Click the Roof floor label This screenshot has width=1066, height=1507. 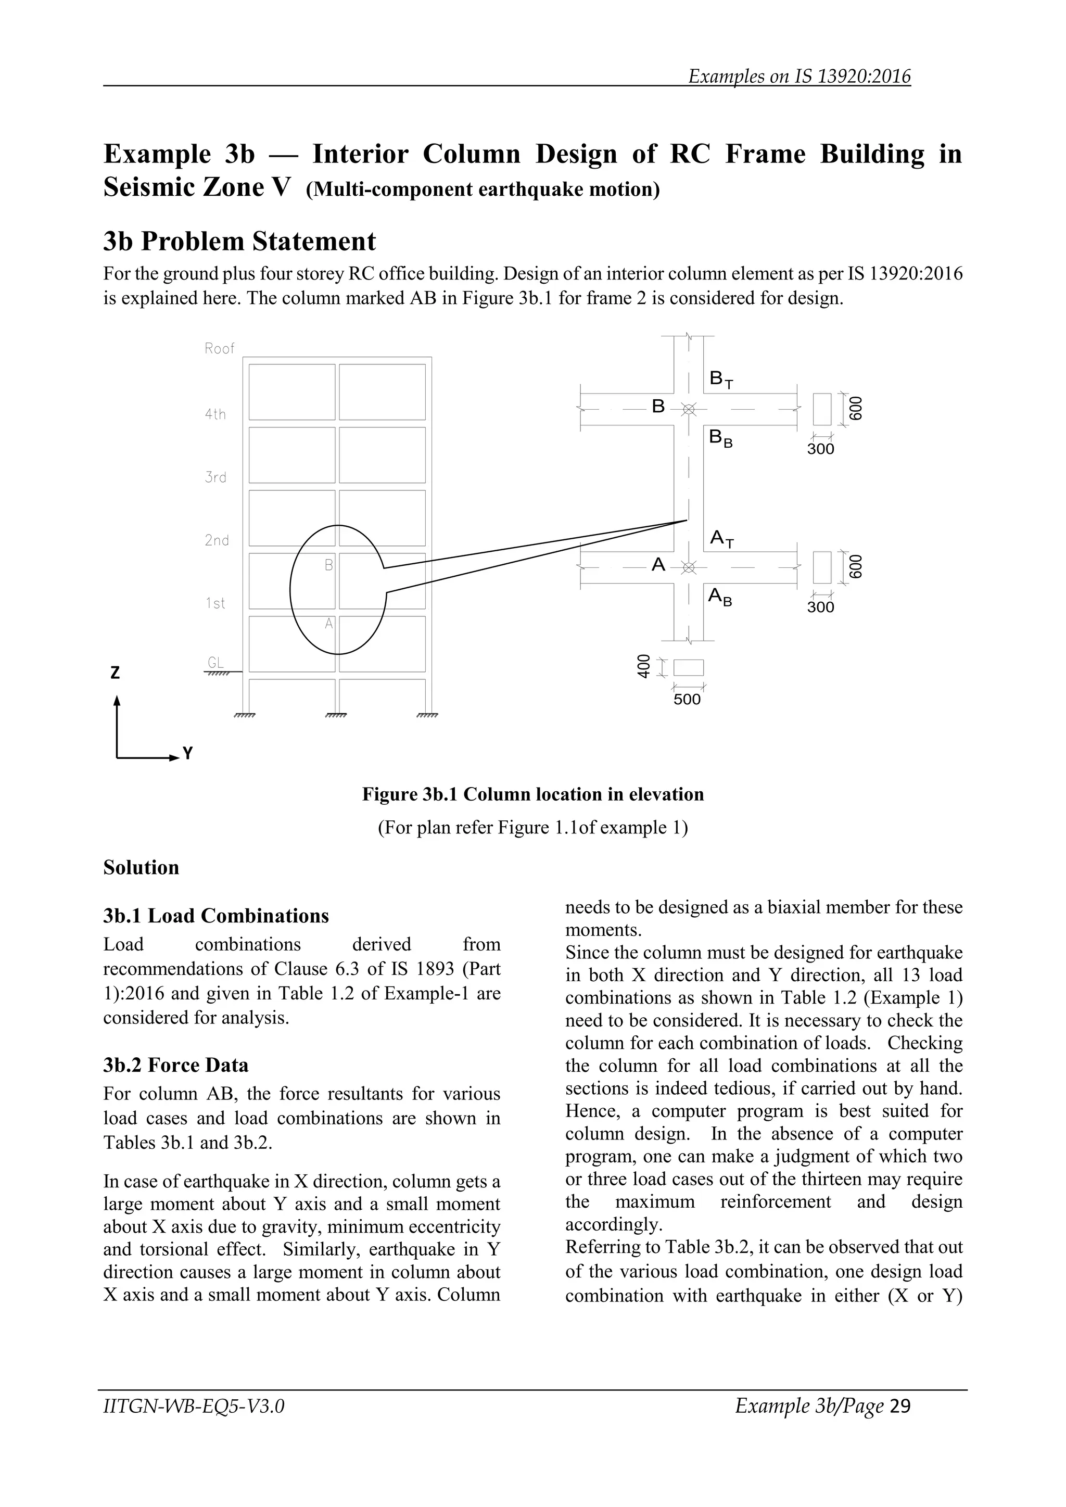[219, 349]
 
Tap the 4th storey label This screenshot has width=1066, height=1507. [215, 414]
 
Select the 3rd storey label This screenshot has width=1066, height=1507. [215, 477]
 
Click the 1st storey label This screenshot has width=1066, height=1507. [215, 603]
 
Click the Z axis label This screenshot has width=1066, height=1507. [116, 673]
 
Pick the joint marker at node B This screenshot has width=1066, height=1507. [688, 409]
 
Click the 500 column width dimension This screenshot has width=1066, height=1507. [687, 699]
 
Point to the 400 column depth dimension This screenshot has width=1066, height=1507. [643, 666]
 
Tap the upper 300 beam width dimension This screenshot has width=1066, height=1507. [820, 449]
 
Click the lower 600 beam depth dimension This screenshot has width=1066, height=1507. [855, 567]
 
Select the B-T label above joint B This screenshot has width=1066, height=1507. [721, 379]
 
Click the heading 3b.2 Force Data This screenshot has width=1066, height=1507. [176, 1065]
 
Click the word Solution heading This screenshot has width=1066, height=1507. [141, 867]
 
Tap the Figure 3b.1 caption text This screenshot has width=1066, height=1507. [533, 794]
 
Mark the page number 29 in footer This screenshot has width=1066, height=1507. [901, 1406]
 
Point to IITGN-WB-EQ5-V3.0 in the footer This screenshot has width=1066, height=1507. [194, 1406]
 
